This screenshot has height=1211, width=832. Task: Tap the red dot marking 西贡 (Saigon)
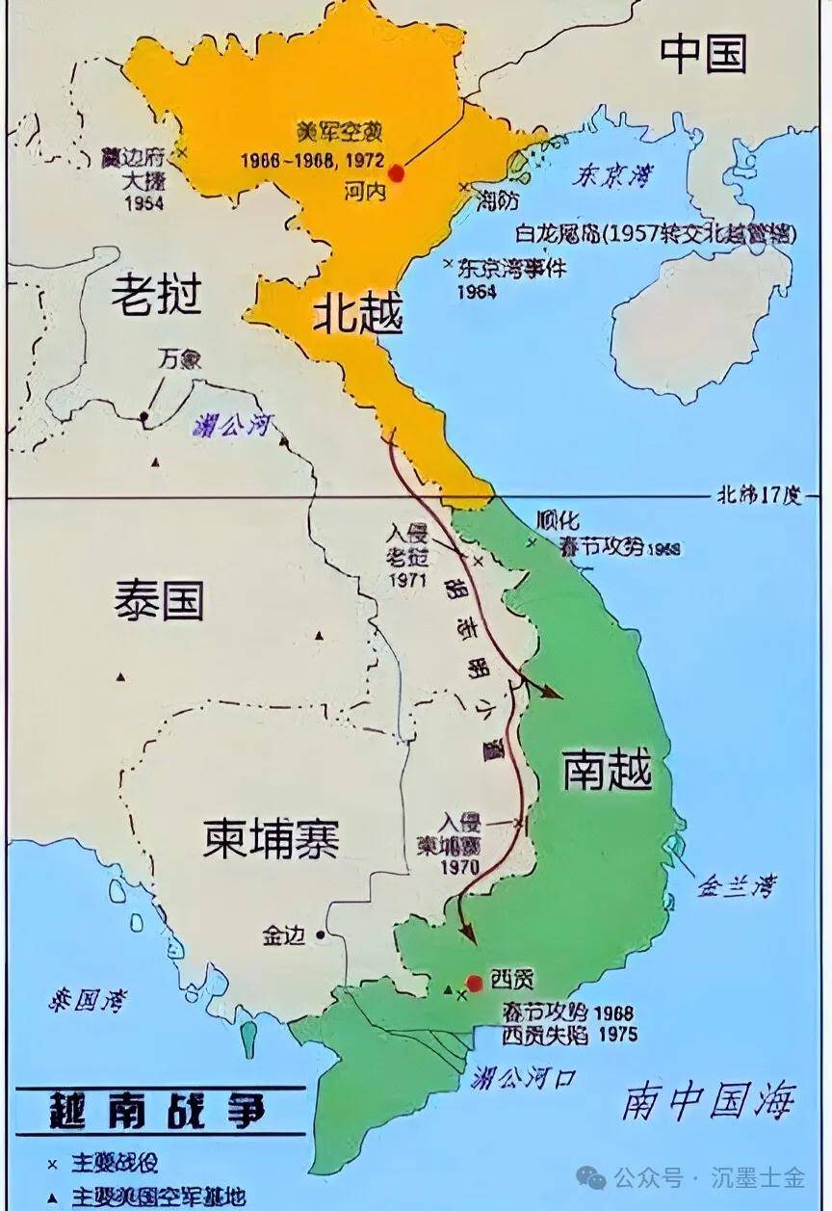coord(473,982)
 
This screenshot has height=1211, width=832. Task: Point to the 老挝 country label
coord(156,295)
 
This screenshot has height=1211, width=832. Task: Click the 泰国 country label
coord(159,601)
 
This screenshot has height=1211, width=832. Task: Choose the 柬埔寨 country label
coord(271,839)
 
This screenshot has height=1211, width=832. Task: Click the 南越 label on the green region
coord(608,771)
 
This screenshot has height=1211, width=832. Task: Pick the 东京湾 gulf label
coord(611,176)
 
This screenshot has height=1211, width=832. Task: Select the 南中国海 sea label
coord(710,1100)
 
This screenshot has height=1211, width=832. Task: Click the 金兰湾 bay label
coord(738,884)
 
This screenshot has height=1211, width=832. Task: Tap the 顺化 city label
coord(563,521)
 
